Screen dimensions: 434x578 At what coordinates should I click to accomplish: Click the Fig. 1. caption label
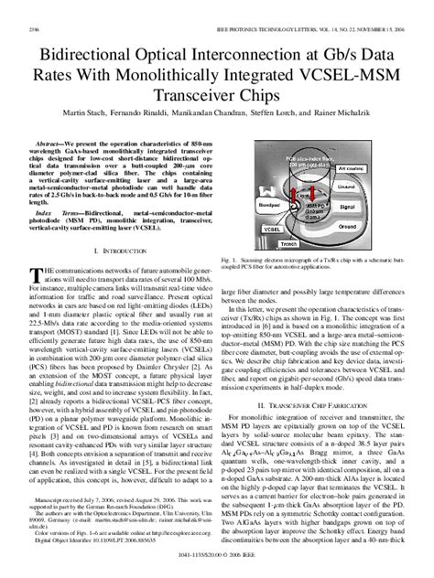pyautogui.click(x=230, y=261)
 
